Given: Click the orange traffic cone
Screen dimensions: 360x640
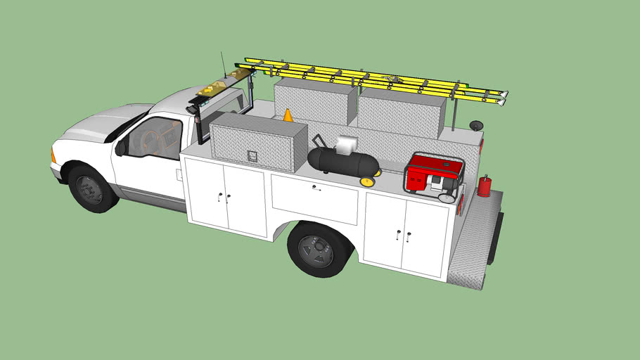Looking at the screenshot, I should click(x=288, y=115).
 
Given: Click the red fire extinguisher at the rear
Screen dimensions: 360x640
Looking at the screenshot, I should click(x=484, y=186).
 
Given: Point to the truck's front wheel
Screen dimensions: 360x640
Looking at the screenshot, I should click(x=90, y=188).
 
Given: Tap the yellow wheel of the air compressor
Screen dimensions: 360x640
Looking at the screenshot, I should click(x=367, y=182).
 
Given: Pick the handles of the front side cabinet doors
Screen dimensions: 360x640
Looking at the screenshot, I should click(x=224, y=196).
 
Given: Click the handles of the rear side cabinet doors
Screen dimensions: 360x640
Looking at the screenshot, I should click(x=403, y=235).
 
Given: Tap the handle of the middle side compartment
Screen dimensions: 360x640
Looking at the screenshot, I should click(x=314, y=188).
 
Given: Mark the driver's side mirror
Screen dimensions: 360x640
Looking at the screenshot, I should click(x=121, y=148).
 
